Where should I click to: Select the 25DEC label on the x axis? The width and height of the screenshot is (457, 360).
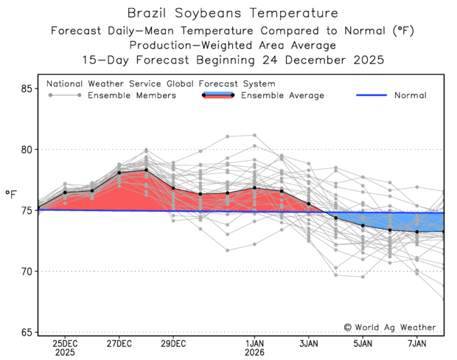(x=65, y=344)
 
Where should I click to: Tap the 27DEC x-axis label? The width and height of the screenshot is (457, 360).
(x=119, y=344)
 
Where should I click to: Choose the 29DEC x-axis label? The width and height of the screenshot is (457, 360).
(x=173, y=344)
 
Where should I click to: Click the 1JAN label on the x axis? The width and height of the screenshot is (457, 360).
(x=254, y=344)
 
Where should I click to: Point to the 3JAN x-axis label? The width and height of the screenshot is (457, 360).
(x=309, y=344)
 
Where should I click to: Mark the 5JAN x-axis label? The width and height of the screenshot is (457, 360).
(x=363, y=344)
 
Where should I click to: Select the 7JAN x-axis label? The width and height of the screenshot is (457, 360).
(x=417, y=344)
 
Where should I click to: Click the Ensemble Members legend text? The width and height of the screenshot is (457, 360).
(x=132, y=96)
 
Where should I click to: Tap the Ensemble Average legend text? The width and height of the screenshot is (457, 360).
(x=282, y=96)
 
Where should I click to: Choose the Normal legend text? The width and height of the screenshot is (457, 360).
(x=410, y=96)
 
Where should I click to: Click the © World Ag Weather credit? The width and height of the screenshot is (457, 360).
(x=389, y=328)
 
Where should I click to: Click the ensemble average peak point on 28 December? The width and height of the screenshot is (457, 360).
(x=147, y=170)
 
